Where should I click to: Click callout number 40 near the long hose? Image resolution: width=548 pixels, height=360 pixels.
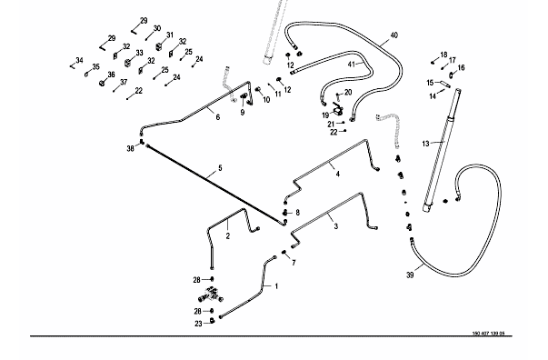coord(394,35)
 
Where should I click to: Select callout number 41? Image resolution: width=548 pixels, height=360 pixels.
coord(352,65)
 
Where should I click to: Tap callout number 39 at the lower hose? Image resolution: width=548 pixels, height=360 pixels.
coord(410,275)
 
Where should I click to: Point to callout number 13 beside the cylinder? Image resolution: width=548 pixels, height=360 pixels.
coord(425,144)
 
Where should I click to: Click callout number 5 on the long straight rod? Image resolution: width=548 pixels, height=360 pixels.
coord(220,168)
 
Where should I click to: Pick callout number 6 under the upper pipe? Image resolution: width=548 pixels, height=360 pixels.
coord(218,117)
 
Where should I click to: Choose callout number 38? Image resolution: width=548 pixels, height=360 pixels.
coord(130,149)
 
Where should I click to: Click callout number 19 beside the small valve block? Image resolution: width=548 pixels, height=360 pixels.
coord(325,115)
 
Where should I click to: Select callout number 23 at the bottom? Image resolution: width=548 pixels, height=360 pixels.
coord(198,324)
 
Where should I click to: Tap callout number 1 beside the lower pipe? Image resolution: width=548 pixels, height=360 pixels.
coord(276,286)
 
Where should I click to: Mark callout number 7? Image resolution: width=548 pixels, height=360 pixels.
coord(294,263)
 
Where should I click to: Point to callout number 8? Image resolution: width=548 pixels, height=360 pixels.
coord(297,213)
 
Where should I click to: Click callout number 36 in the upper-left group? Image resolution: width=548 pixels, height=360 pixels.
coord(111,75)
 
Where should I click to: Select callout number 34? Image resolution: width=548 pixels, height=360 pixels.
coord(79,61)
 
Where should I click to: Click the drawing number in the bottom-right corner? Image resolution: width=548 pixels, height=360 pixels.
coord(489,334)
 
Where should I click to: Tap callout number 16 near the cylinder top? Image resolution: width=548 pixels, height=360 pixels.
coord(461,68)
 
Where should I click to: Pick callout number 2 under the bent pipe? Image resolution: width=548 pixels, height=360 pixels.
coord(228,236)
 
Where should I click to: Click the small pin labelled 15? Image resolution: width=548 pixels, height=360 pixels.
coord(445,85)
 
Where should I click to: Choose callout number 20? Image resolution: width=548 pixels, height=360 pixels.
coord(348,92)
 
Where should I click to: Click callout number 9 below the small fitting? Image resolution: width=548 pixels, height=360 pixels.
coord(243,113)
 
